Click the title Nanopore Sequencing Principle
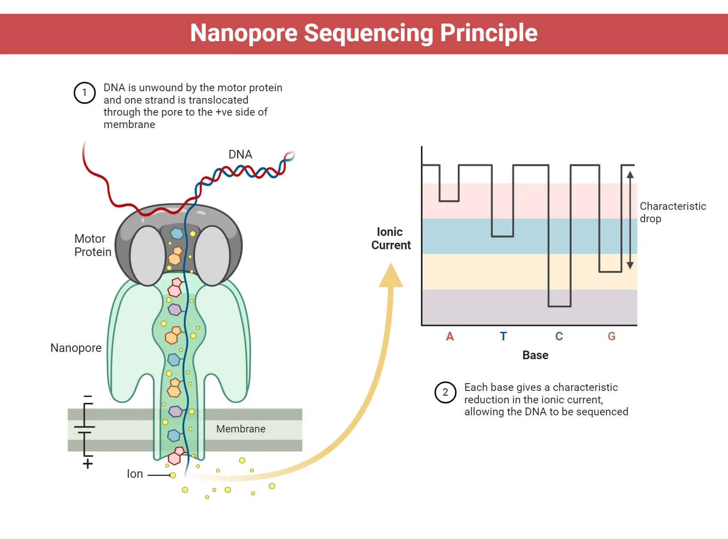click(x=364, y=33)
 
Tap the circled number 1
click(x=84, y=92)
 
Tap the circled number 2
click(x=445, y=392)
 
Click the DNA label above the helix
click(x=240, y=155)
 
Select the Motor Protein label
click(x=92, y=245)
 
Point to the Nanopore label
click(x=76, y=348)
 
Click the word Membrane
click(x=241, y=429)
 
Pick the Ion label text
click(x=134, y=474)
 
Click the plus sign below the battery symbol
click(x=88, y=464)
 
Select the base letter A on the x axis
click(x=450, y=337)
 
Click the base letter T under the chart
click(x=504, y=337)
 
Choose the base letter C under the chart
click(x=559, y=337)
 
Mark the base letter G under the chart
click(x=612, y=337)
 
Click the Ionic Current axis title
click(x=391, y=238)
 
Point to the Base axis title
click(x=535, y=355)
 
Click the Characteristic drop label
click(x=672, y=212)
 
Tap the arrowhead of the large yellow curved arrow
click(x=391, y=276)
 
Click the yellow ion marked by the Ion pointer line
click(x=173, y=475)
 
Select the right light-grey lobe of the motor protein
click(x=212, y=256)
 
